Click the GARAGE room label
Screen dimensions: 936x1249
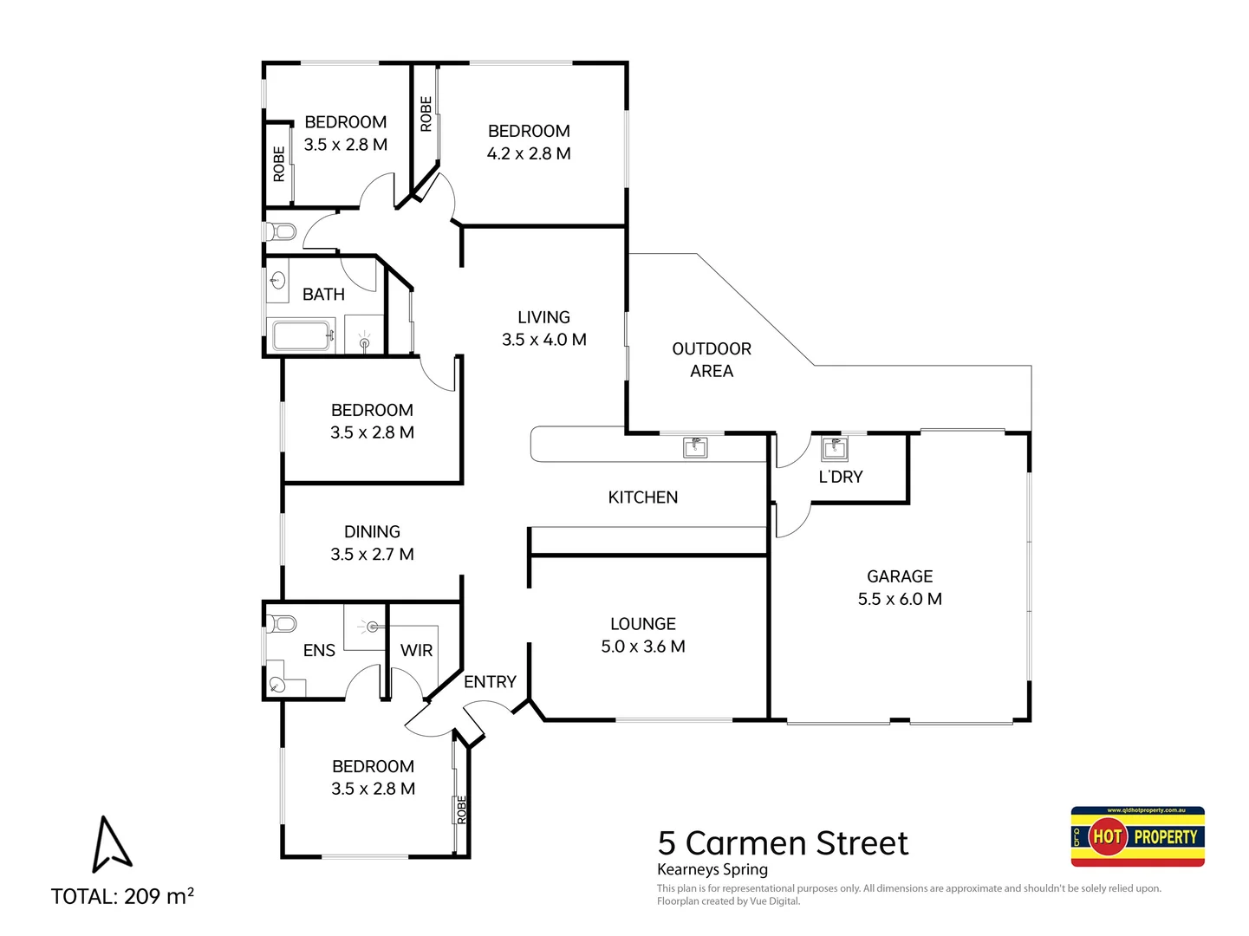(x=900, y=576)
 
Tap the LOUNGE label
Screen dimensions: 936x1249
(x=642, y=624)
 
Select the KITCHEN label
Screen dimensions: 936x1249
(x=642, y=497)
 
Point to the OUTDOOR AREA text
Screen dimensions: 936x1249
(x=712, y=360)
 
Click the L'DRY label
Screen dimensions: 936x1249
(x=841, y=477)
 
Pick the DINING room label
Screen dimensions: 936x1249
(x=372, y=532)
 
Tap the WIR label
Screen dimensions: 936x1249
(x=416, y=650)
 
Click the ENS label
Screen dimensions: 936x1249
(x=319, y=650)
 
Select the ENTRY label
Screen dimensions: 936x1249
(x=490, y=682)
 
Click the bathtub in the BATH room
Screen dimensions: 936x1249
(x=302, y=335)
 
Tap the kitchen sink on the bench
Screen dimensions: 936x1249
(x=695, y=447)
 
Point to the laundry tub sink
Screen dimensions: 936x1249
(x=835, y=448)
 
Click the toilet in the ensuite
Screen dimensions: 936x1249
(x=281, y=623)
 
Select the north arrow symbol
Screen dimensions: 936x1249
(x=111, y=844)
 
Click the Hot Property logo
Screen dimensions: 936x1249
(x=1137, y=836)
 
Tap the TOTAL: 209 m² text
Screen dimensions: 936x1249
(x=122, y=896)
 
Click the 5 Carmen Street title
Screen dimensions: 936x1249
(x=783, y=842)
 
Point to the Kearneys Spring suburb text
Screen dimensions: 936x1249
(x=712, y=869)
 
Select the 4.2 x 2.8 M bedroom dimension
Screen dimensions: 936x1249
(x=529, y=153)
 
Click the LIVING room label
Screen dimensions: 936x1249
(x=543, y=317)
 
